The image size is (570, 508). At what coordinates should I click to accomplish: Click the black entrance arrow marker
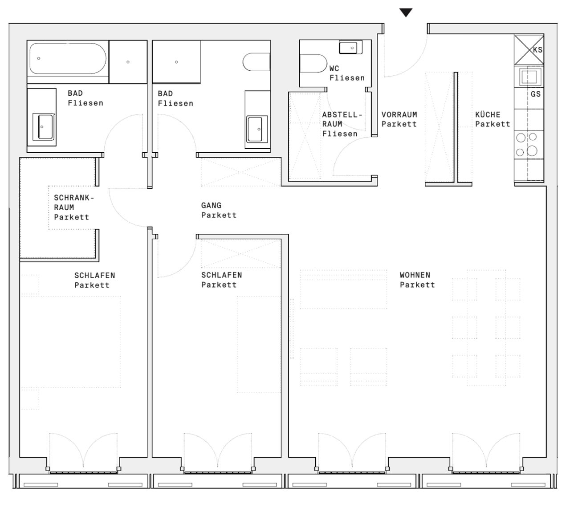click(x=406, y=12)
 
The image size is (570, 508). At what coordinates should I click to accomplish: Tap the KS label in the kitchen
click(x=537, y=50)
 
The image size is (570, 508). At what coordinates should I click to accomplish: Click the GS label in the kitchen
click(x=535, y=94)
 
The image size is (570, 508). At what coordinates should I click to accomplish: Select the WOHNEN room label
click(x=415, y=275)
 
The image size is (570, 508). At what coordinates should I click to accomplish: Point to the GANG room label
click(x=211, y=205)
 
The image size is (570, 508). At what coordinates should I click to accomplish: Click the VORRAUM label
click(x=399, y=115)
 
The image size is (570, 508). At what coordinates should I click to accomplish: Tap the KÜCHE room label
click(x=488, y=115)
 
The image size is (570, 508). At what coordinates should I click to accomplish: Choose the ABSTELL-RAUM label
click(x=342, y=119)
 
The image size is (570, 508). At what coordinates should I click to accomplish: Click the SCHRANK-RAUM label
click(x=74, y=203)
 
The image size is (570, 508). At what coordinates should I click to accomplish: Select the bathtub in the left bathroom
click(x=68, y=58)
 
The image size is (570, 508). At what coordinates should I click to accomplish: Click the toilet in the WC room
click(x=313, y=63)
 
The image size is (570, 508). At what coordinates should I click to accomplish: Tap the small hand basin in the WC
click(x=350, y=48)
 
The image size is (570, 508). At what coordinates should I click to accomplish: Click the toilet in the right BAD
click(x=256, y=62)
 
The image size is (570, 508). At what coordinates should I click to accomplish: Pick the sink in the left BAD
click(x=43, y=126)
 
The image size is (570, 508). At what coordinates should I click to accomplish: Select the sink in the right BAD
click(x=257, y=129)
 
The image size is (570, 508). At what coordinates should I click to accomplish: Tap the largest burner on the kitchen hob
click(x=532, y=151)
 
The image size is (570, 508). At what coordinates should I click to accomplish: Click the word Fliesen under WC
click(x=347, y=78)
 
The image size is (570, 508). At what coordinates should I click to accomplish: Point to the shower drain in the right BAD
click(x=176, y=62)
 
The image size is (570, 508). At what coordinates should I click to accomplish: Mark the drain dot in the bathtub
click(x=39, y=58)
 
